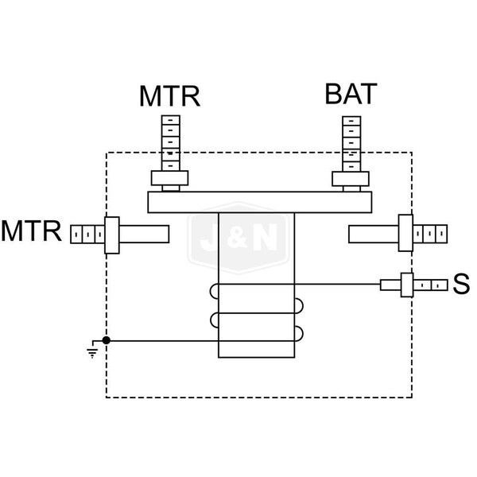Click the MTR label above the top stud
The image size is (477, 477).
169,96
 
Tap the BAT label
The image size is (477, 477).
350,94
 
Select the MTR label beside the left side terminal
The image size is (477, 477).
31,232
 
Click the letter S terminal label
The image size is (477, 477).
460,284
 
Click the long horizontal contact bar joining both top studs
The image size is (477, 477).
260,203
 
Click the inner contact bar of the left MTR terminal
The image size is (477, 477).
143,234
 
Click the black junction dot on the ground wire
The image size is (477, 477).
107,340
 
